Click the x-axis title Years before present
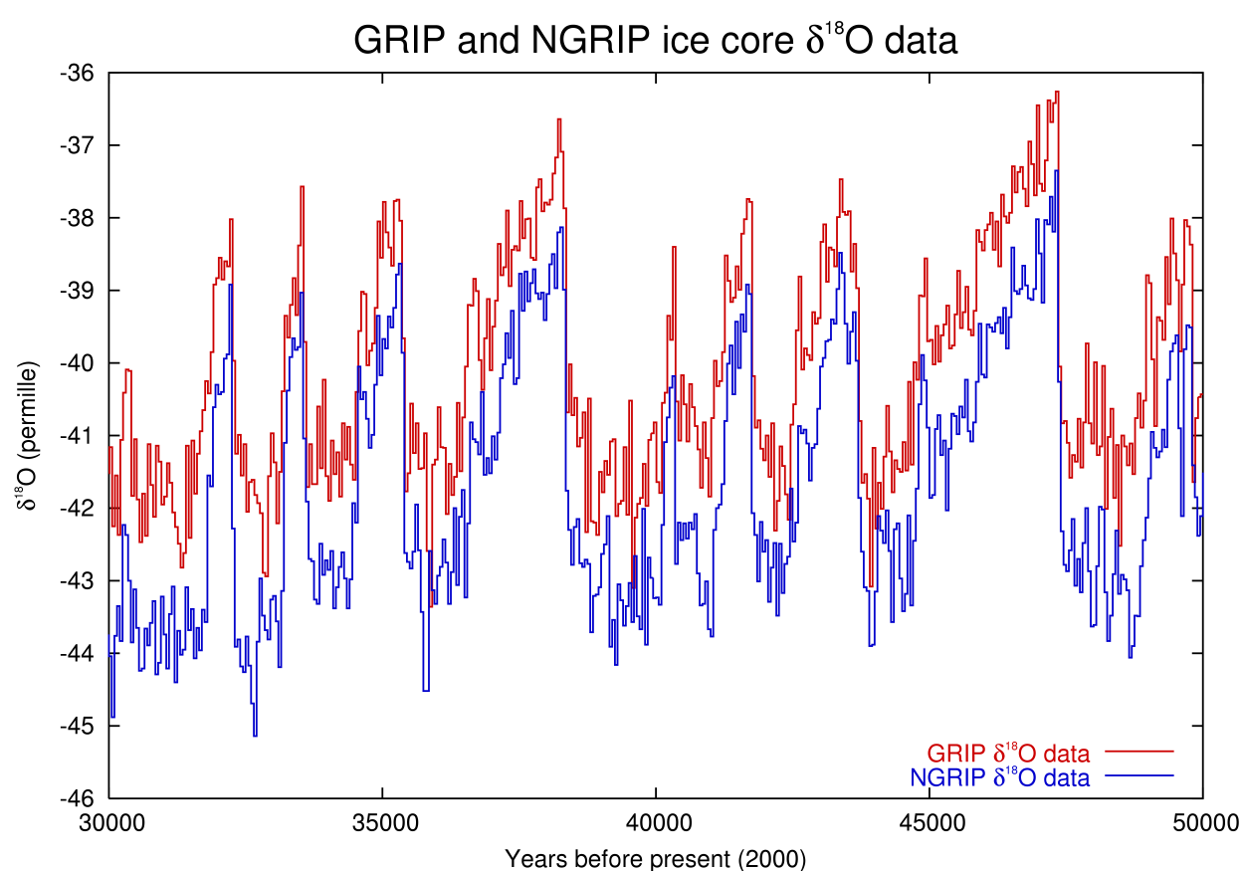(655, 858)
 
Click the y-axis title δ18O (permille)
(27, 436)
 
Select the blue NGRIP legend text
(999, 777)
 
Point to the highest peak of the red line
(1057, 93)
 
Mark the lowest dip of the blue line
(256, 735)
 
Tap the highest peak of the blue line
(1056, 171)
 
